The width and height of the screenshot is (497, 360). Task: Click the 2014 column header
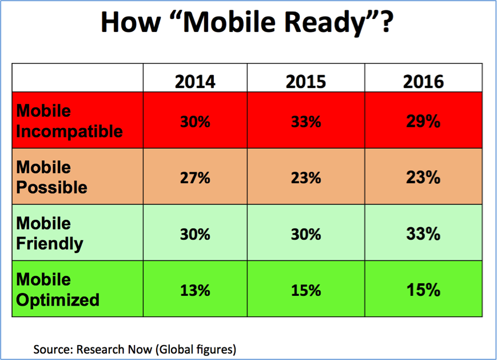tap(195, 82)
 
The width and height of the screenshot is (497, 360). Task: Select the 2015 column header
tap(305, 82)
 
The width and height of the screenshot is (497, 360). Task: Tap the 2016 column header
tap(423, 82)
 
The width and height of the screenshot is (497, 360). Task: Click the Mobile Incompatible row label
tap(69, 121)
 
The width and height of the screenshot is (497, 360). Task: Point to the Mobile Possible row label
tap(51, 177)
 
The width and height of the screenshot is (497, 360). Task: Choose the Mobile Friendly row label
tap(50, 234)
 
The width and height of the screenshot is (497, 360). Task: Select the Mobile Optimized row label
tap(58, 290)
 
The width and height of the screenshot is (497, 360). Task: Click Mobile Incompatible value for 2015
tap(306, 122)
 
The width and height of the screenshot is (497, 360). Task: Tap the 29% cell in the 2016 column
tap(423, 121)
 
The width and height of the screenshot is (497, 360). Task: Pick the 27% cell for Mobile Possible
tap(195, 178)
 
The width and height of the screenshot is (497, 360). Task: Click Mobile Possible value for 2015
tap(306, 178)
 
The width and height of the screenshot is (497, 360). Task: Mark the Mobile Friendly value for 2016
tap(423, 234)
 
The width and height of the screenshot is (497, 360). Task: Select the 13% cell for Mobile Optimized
tap(195, 291)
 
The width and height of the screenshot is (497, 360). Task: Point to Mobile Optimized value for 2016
tap(423, 290)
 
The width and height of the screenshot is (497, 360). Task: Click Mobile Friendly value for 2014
tap(195, 235)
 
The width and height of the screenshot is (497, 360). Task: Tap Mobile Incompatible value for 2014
tap(195, 122)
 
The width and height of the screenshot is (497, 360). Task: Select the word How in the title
tap(130, 22)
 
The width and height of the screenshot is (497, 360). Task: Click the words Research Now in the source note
tap(114, 349)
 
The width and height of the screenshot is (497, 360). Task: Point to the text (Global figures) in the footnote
tap(196, 350)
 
